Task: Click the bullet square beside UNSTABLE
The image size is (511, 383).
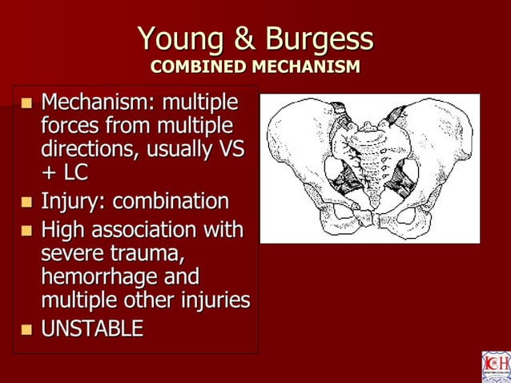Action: point(26,328)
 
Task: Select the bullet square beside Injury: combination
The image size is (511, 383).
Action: point(26,201)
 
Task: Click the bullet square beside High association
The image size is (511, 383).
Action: point(26,232)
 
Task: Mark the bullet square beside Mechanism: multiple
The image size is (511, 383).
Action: point(26,104)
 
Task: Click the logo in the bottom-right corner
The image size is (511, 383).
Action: point(494,366)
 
